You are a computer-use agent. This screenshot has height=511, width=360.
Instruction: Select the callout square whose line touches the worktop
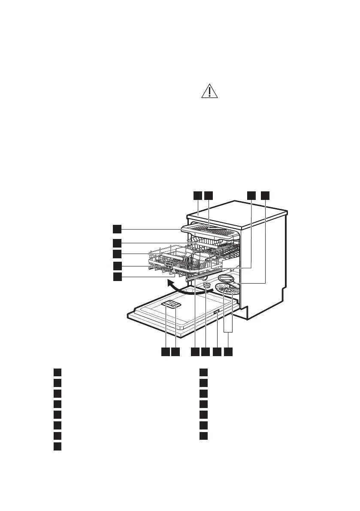click(x=197, y=196)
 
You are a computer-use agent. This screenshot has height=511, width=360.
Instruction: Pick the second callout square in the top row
click(x=209, y=196)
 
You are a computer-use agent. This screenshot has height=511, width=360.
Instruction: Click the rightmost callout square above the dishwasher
click(x=266, y=196)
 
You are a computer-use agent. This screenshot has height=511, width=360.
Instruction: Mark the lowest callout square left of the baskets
click(x=118, y=277)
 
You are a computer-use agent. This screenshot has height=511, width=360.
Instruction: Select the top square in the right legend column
click(x=204, y=372)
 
